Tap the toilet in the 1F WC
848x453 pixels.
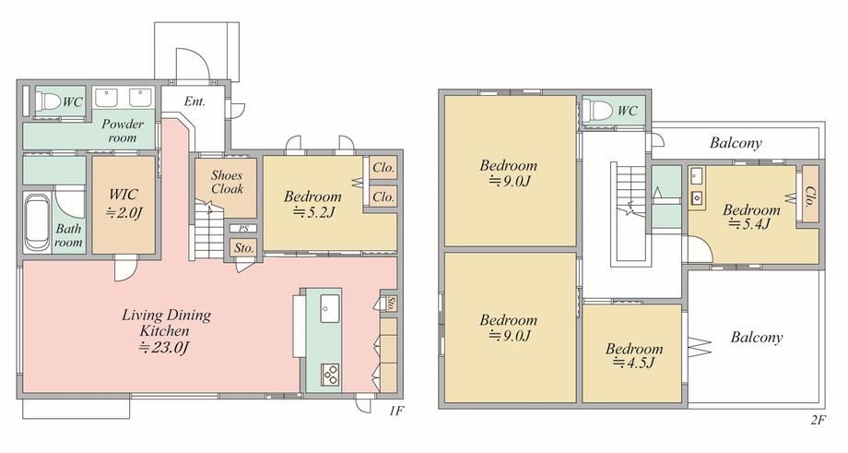click(49, 101)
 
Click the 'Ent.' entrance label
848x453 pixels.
click(194, 101)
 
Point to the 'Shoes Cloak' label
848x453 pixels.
click(227, 182)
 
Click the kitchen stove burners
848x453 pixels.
click(330, 375)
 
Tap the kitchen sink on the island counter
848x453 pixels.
click(330, 308)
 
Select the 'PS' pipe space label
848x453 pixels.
click(243, 229)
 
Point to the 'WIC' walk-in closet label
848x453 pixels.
click(124, 195)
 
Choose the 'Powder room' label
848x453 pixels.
click(123, 130)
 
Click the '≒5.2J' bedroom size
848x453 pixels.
click(313, 213)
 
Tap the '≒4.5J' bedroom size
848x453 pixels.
click(634, 363)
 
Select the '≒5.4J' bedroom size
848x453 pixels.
click(749, 223)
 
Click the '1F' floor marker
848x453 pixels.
click(396, 411)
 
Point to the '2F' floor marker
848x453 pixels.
click(819, 420)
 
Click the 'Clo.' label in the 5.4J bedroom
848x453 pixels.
click(809, 197)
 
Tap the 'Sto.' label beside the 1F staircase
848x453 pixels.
click(244, 248)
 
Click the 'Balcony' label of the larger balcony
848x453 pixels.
click(757, 338)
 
